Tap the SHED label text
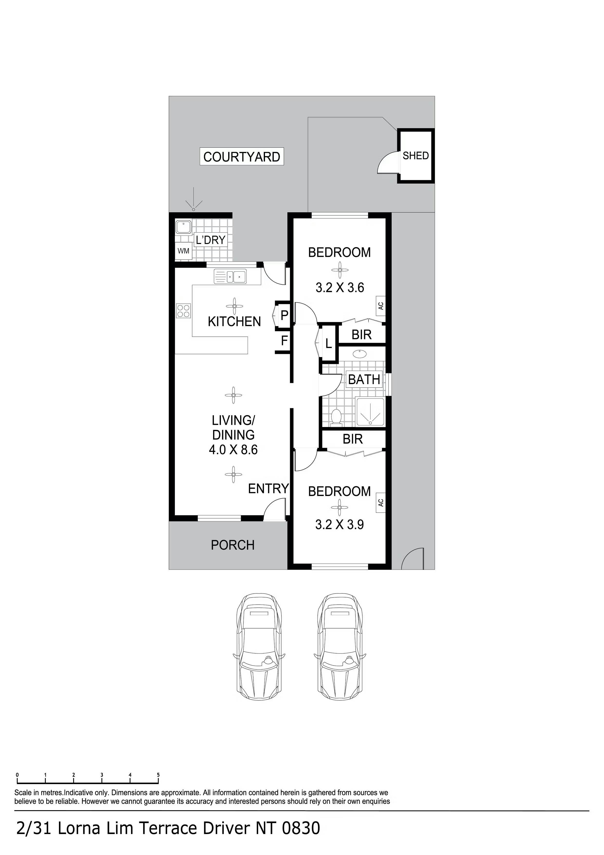[x=416, y=156]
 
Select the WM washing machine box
[x=183, y=251]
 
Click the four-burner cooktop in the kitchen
[x=183, y=311]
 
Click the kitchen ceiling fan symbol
[x=234, y=306]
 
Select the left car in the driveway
[x=259, y=647]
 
